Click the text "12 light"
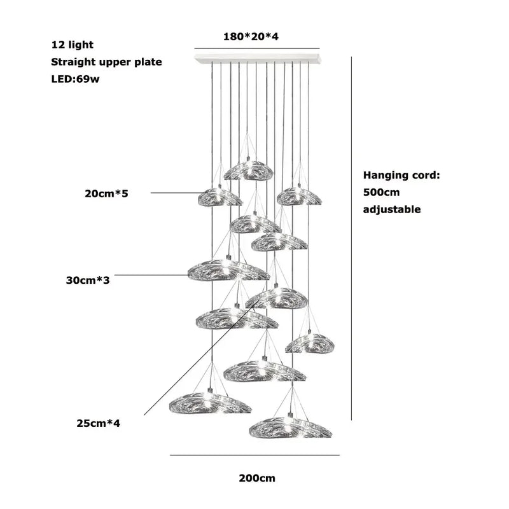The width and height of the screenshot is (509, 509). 73,45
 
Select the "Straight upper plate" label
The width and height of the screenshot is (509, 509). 106,62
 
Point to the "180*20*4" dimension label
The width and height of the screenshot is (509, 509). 251,36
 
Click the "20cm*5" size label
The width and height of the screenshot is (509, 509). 106,193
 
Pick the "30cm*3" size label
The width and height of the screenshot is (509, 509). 88,279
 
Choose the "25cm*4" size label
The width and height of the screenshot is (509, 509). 98,422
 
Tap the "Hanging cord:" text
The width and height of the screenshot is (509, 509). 401,175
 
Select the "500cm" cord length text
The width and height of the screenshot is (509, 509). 381,192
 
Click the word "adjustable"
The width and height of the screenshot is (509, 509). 392,209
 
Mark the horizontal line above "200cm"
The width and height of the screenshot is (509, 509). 254,455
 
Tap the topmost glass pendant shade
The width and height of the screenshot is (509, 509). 248,170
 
